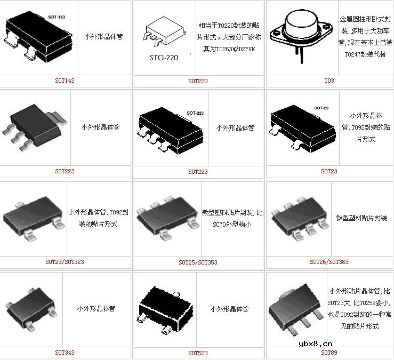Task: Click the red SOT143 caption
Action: [65, 81]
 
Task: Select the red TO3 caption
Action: [329, 81]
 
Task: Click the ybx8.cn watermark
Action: [316, 345]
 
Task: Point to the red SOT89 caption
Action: [329, 353]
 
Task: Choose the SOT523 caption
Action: [198, 353]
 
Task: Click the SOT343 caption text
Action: [65, 353]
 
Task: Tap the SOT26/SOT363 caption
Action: [329, 262]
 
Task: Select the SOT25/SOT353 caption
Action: [198, 262]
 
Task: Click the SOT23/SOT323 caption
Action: [65, 262]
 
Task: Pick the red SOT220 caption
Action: [198, 81]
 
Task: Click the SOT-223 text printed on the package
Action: [195, 114]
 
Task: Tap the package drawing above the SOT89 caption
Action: [296, 309]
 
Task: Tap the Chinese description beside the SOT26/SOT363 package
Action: [361, 218]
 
